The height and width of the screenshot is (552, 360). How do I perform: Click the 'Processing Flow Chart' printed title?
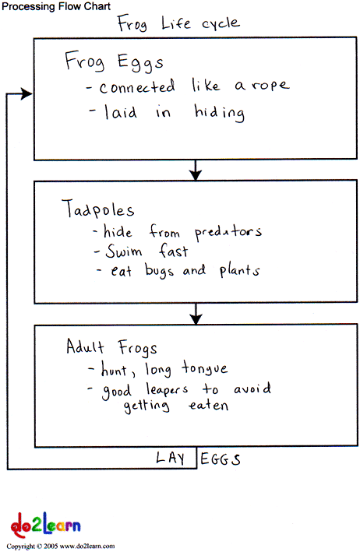pyautogui.click(x=56, y=6)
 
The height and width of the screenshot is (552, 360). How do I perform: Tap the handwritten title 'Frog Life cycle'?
pyautogui.click(x=178, y=24)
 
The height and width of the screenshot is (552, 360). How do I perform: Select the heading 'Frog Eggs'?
pyautogui.click(x=114, y=62)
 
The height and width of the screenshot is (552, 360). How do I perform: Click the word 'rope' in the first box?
pyautogui.click(x=270, y=86)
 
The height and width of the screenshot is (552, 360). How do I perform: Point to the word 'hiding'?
pyautogui.click(x=220, y=112)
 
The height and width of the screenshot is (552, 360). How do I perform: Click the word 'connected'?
pyautogui.click(x=137, y=87)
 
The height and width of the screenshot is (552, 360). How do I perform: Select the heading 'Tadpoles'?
pyautogui.click(x=98, y=209)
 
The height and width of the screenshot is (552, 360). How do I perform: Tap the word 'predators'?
pyautogui.click(x=228, y=232)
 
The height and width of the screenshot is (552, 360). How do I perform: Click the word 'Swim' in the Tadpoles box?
pyautogui.click(x=124, y=251)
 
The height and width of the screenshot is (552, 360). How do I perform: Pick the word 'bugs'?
pyautogui.click(x=159, y=271)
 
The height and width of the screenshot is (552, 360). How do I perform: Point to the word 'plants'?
pyautogui.click(x=240, y=271)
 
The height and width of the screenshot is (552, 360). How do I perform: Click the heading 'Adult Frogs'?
pyautogui.click(x=111, y=346)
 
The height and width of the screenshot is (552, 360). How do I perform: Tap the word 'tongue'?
pyautogui.click(x=205, y=369)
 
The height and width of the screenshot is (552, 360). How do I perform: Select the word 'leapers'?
pyautogui.click(x=167, y=389)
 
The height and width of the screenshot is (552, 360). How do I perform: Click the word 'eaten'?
pyautogui.click(x=209, y=406)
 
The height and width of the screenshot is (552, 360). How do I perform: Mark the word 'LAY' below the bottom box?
pyautogui.click(x=171, y=458)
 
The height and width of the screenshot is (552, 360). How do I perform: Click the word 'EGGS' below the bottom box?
pyautogui.click(x=221, y=459)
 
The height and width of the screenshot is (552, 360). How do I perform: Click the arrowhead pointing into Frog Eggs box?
pyautogui.click(x=26, y=93)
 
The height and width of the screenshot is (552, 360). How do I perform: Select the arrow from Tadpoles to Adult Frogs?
pyautogui.click(x=196, y=313)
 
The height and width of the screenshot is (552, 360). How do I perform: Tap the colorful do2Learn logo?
pyautogui.click(x=45, y=526)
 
